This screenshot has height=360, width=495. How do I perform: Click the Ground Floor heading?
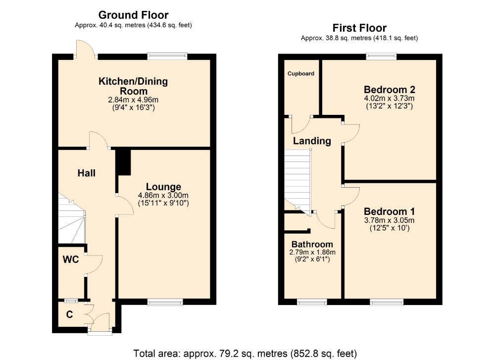coord(133,15)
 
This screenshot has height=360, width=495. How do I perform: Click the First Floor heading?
coord(359,28)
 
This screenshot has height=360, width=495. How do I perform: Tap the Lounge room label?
coord(163,187)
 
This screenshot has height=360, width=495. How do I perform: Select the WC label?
coord(71,259)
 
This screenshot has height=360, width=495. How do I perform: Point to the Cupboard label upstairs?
coord(301,74)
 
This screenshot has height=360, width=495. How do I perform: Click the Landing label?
coord(312,141)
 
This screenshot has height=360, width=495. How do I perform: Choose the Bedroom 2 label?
coord(389,90)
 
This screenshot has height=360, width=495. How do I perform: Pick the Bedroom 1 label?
coord(389,211)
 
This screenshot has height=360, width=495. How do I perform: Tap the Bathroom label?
coord(312,244)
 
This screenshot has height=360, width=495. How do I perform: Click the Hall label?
coord(87,173)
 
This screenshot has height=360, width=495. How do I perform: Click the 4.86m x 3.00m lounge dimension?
coord(163,196)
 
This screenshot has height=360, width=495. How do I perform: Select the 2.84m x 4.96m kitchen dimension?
coord(133,100)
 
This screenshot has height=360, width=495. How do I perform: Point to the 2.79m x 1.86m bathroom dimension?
coord(312,253)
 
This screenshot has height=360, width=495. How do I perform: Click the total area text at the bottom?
coord(245,354)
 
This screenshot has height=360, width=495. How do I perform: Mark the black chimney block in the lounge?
coord(123,162)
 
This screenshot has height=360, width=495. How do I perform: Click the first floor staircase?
coord(297,182)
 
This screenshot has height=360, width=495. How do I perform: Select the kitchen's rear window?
coord(167,56)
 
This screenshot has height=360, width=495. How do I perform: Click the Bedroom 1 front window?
coord(387,302)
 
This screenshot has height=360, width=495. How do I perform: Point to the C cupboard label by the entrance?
coord(69,314)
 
